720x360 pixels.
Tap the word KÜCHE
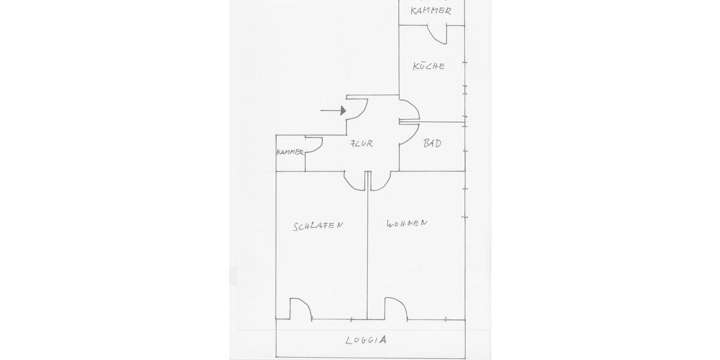tap(429, 66)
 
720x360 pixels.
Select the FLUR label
tap(362, 143)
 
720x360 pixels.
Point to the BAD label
tap(433, 143)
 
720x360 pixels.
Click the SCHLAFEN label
tap(318, 226)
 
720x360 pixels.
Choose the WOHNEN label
tap(407, 223)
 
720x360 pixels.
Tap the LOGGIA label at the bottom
tap(366, 340)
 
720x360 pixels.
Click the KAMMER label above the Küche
tap(431, 11)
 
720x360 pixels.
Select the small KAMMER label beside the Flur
tap(290, 153)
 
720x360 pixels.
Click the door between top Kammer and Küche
tap(437, 34)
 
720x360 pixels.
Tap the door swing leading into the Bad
tap(408, 133)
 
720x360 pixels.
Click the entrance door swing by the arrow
tap(358, 108)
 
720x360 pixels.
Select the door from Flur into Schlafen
tap(353, 180)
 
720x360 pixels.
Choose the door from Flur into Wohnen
tap(381, 180)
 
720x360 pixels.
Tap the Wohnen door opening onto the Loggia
tap(395, 308)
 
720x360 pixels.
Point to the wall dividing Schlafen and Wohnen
tap(367, 252)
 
